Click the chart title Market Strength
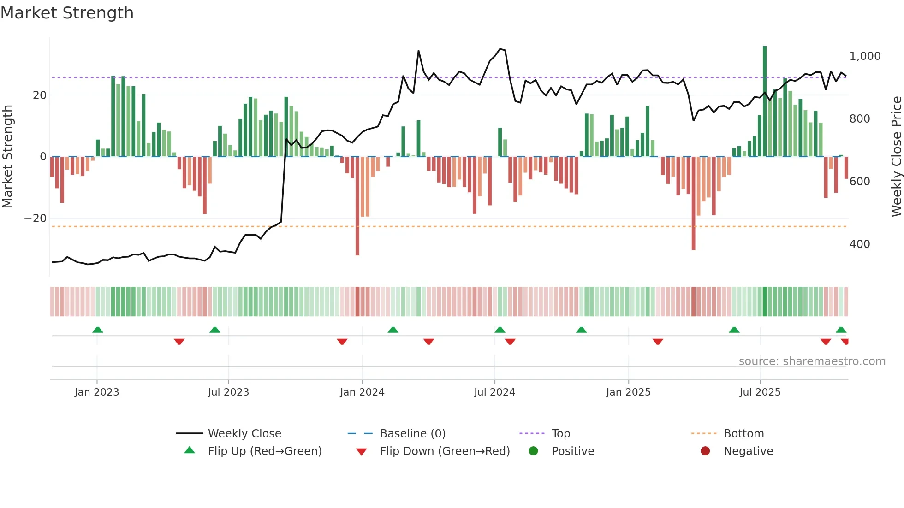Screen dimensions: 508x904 click(x=67, y=13)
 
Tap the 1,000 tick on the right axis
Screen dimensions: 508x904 click(x=865, y=56)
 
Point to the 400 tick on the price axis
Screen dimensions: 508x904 click(x=859, y=244)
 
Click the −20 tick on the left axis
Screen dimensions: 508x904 click(x=36, y=219)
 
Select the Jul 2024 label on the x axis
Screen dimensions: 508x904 click(x=494, y=392)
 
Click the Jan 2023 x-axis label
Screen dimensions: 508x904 click(x=96, y=392)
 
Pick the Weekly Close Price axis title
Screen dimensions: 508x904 click(x=896, y=157)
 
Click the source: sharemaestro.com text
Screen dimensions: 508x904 click(x=812, y=361)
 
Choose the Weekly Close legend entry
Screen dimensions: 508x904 click(x=244, y=434)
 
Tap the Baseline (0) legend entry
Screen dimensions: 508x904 click(x=412, y=434)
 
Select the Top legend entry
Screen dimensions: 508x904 click(x=560, y=434)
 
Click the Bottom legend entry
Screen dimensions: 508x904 click(x=743, y=434)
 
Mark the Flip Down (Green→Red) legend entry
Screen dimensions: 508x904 click(x=444, y=451)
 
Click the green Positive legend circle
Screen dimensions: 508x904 click(x=534, y=451)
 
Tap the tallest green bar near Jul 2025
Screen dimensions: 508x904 click(x=765, y=101)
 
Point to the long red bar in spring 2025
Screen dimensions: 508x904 click(x=693, y=203)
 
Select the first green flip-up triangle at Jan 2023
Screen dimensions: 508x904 click(x=98, y=330)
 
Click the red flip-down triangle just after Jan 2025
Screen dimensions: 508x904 click(x=658, y=342)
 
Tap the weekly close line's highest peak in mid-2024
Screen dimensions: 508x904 click(x=500, y=49)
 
